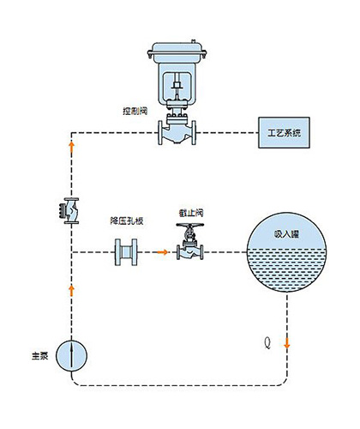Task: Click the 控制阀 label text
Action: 135,111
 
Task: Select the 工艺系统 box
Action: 284,133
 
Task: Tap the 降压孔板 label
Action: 127,221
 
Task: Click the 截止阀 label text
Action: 191,213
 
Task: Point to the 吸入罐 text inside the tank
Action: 286,234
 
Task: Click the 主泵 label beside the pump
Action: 40,356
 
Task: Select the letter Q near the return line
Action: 267,342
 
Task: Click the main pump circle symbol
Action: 71,356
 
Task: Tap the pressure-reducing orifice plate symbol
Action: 126,252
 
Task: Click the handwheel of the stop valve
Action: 190,225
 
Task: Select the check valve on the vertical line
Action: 69,211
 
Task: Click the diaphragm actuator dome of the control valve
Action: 177,51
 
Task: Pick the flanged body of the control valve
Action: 177,132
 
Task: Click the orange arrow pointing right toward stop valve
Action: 163,252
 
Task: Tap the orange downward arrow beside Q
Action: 287,343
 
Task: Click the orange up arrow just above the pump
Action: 71,291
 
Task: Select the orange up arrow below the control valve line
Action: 71,148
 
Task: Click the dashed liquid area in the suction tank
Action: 286,269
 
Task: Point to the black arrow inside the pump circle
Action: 71,354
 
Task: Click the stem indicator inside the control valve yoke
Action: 177,85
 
